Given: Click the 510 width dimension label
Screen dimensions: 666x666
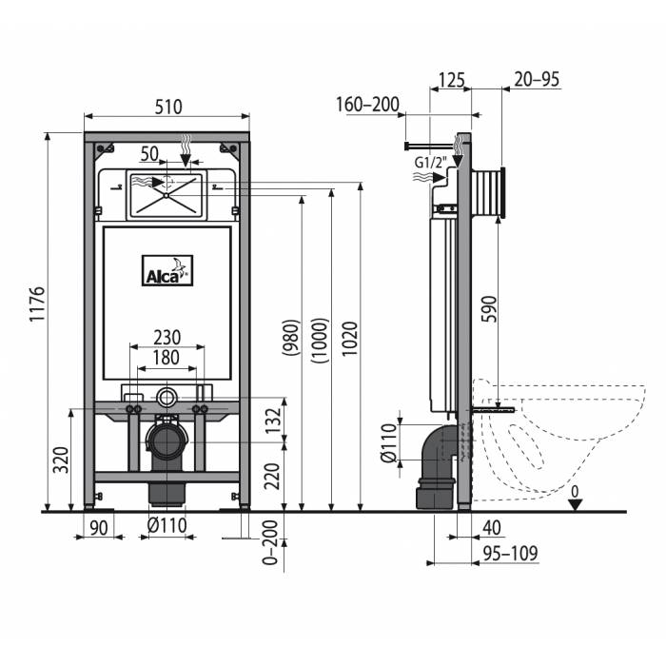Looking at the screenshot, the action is coord(168,107).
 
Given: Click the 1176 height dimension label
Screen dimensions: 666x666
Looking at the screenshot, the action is coord(37,304).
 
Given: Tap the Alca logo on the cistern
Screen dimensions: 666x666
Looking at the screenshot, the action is coord(167,270).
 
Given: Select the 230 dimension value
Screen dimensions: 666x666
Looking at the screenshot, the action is coord(166,338).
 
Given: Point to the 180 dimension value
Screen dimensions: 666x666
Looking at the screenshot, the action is coord(166,358).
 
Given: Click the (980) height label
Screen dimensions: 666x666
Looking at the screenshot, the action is coord(291,338).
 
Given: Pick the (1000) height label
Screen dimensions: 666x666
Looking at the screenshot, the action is coord(321,341).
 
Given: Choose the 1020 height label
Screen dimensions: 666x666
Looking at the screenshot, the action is coord(350,339).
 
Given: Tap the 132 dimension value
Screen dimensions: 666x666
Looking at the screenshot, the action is coord(274,421).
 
